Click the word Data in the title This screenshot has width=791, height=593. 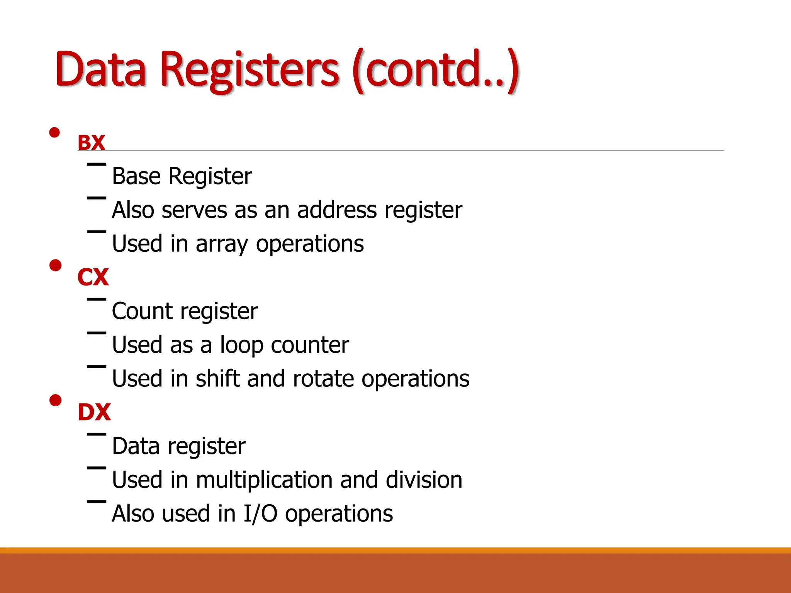tap(101, 69)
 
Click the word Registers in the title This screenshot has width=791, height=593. tap(249, 69)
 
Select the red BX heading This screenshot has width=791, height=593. tap(92, 142)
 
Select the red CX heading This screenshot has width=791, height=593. tap(93, 277)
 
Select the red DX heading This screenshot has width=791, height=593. tap(94, 412)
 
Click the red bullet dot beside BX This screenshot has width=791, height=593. tap(55, 133)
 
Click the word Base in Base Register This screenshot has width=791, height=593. tap(136, 176)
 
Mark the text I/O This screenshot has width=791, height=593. tap(260, 514)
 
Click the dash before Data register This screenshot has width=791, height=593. tap(97, 434)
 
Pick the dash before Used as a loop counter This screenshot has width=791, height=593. tap(97, 333)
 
